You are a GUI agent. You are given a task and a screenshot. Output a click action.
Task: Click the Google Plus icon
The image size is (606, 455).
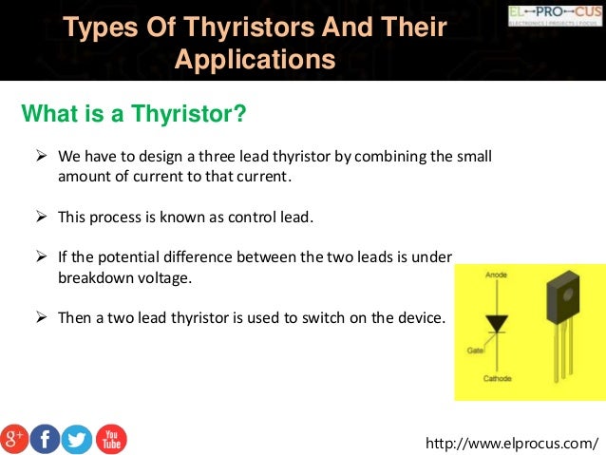tap(15, 439)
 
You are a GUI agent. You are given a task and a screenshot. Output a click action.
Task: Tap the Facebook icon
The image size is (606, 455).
tap(45, 439)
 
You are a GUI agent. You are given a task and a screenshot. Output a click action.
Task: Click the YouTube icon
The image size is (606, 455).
tap(110, 439)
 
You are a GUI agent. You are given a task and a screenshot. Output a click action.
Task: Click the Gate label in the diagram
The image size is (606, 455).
tap(475, 350)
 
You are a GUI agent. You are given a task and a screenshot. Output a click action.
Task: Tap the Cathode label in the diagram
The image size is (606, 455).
tap(497, 379)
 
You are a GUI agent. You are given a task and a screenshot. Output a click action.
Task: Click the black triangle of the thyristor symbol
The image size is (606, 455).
tap(496, 324)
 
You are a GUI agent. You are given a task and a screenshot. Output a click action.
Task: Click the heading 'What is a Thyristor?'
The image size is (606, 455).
tap(134, 115)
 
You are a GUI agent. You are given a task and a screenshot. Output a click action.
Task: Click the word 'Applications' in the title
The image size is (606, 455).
tap(255, 60)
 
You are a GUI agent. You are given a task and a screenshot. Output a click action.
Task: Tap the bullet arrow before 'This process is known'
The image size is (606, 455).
tap(42, 217)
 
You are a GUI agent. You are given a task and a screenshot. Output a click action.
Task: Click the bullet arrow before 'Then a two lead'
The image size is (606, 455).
tap(42, 317)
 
